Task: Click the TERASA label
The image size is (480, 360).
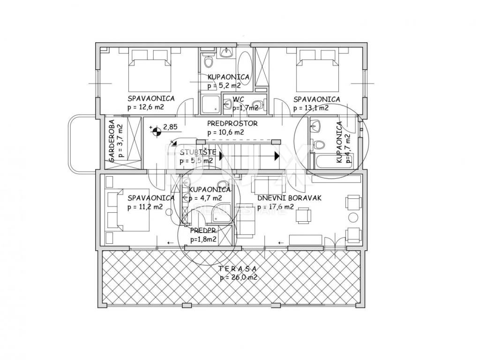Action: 237,269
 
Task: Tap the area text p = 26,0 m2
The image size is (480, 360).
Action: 238,277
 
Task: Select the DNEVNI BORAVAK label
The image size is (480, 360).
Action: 289,198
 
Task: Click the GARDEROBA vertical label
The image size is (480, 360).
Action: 112,141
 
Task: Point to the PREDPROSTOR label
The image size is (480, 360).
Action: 232,124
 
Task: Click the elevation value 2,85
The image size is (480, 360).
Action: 170,127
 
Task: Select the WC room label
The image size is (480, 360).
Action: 238,99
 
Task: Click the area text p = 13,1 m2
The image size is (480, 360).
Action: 311,108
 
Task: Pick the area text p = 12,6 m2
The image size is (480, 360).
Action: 145,107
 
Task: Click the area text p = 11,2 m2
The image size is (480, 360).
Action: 145,207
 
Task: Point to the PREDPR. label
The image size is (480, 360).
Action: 201,230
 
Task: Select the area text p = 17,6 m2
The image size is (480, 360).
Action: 276,207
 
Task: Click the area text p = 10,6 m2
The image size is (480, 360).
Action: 225,133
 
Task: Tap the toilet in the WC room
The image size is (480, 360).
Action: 259,105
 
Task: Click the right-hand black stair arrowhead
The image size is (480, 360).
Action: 277,156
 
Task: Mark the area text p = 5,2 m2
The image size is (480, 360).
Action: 224,86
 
